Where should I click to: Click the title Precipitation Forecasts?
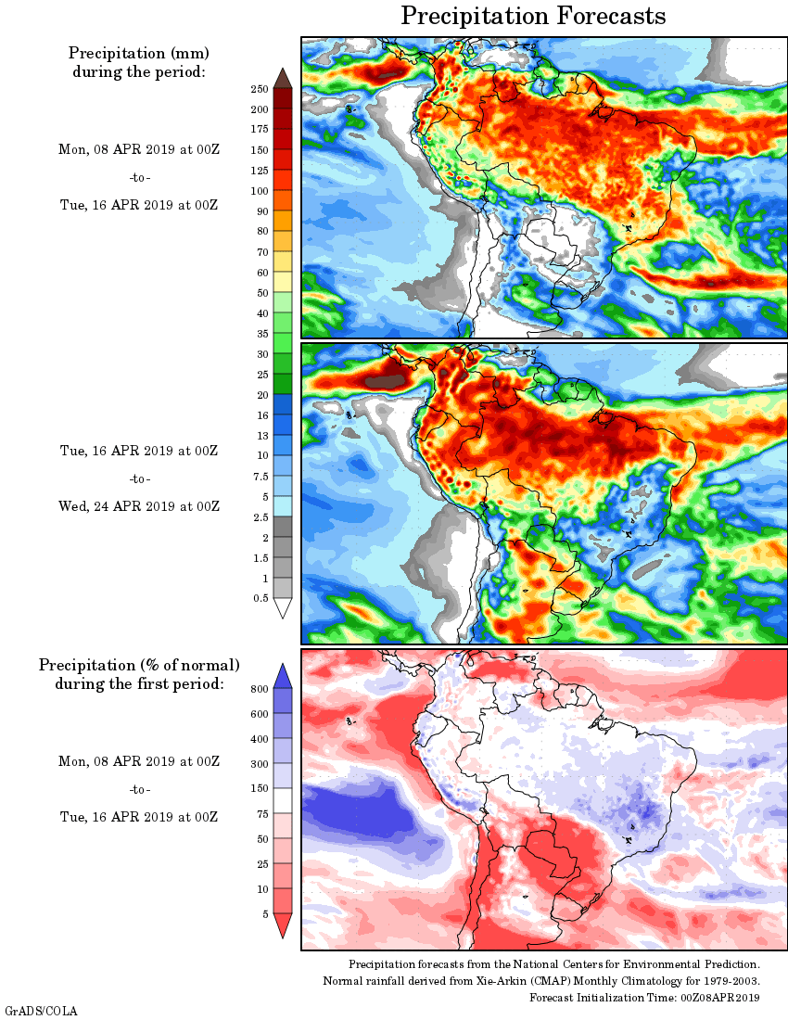[x=533, y=16]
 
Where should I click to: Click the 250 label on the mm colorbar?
[x=259, y=89]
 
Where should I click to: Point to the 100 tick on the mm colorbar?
[x=259, y=191]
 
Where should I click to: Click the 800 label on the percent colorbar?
[x=259, y=689]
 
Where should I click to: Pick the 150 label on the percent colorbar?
[x=259, y=788]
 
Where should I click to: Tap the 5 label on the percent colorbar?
[x=264, y=913]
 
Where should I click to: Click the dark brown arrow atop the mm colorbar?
[x=283, y=78]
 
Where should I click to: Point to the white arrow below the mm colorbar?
[x=283, y=607]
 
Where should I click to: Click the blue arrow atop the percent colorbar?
[x=283, y=676]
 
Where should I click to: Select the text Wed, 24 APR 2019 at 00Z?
[x=139, y=506]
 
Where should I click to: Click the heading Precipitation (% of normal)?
[x=139, y=665]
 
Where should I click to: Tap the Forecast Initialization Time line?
[x=644, y=998]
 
